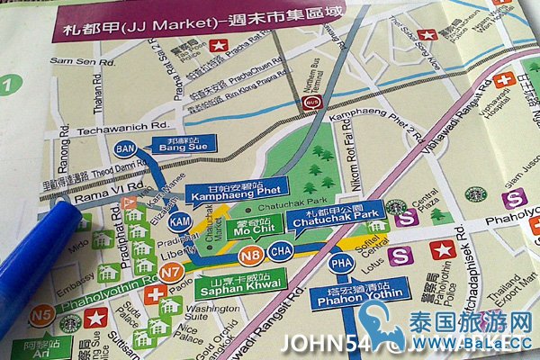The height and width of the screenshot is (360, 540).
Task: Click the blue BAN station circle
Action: click(125, 148)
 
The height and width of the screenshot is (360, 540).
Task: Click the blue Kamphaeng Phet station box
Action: click(234, 189)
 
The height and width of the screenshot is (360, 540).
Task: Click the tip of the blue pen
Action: click(61, 208)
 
